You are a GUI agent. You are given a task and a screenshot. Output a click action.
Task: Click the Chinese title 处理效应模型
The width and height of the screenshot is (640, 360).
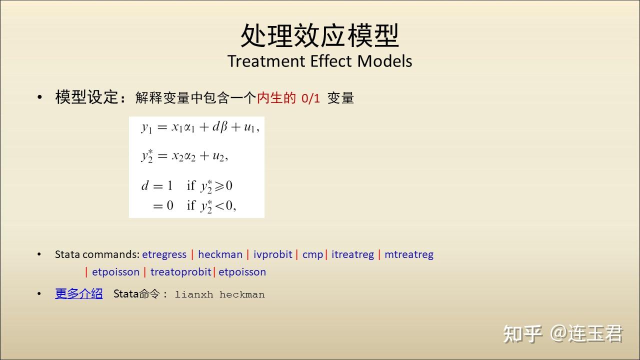pyautogui.click(x=319, y=35)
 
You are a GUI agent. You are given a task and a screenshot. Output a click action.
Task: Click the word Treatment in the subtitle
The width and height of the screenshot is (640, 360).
pyautogui.click(x=266, y=61)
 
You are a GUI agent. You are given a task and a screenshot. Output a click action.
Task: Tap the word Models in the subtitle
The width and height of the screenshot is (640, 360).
pyautogui.click(x=384, y=61)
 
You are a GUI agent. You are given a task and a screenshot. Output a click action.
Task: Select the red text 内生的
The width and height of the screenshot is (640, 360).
pyautogui.click(x=276, y=97)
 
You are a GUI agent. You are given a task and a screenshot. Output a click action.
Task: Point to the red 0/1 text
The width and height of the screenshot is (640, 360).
pyautogui.click(x=310, y=98)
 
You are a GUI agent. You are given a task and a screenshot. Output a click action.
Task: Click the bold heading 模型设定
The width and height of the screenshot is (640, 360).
pyautogui.click(x=86, y=97)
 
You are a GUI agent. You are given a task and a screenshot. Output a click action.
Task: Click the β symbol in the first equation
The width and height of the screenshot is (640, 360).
pyautogui.click(x=223, y=127)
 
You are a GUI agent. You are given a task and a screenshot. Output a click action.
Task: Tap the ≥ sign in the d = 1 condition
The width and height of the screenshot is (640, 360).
pyautogui.click(x=219, y=186)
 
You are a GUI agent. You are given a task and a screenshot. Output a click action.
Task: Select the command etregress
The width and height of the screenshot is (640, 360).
pyautogui.click(x=164, y=254)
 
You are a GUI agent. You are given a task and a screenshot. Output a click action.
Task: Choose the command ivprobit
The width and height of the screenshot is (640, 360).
pyautogui.click(x=273, y=254)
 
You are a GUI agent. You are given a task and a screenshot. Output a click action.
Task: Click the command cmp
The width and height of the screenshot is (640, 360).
pyautogui.click(x=312, y=255)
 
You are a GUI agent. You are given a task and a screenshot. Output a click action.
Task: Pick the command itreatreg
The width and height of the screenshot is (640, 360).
pyautogui.click(x=352, y=254)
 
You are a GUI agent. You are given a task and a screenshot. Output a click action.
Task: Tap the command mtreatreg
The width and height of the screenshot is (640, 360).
pyautogui.click(x=409, y=254)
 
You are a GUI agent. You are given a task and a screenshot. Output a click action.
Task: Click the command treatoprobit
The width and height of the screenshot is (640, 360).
pyautogui.click(x=181, y=272)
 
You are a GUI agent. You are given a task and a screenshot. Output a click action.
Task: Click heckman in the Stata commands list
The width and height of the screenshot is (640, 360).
pyautogui.click(x=220, y=254)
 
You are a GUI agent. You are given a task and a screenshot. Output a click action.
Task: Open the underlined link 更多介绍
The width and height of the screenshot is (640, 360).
pyautogui.click(x=79, y=293)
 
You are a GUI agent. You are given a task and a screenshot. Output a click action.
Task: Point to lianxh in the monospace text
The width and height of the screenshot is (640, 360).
pyautogui.click(x=194, y=294)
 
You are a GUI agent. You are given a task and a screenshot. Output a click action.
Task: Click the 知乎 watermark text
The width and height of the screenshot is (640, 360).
pyautogui.click(x=522, y=333)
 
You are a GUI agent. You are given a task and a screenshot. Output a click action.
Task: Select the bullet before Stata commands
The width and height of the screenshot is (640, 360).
pyautogui.click(x=39, y=254)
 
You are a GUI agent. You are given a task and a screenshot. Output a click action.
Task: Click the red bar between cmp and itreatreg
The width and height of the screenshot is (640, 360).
pyautogui.click(x=326, y=254)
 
